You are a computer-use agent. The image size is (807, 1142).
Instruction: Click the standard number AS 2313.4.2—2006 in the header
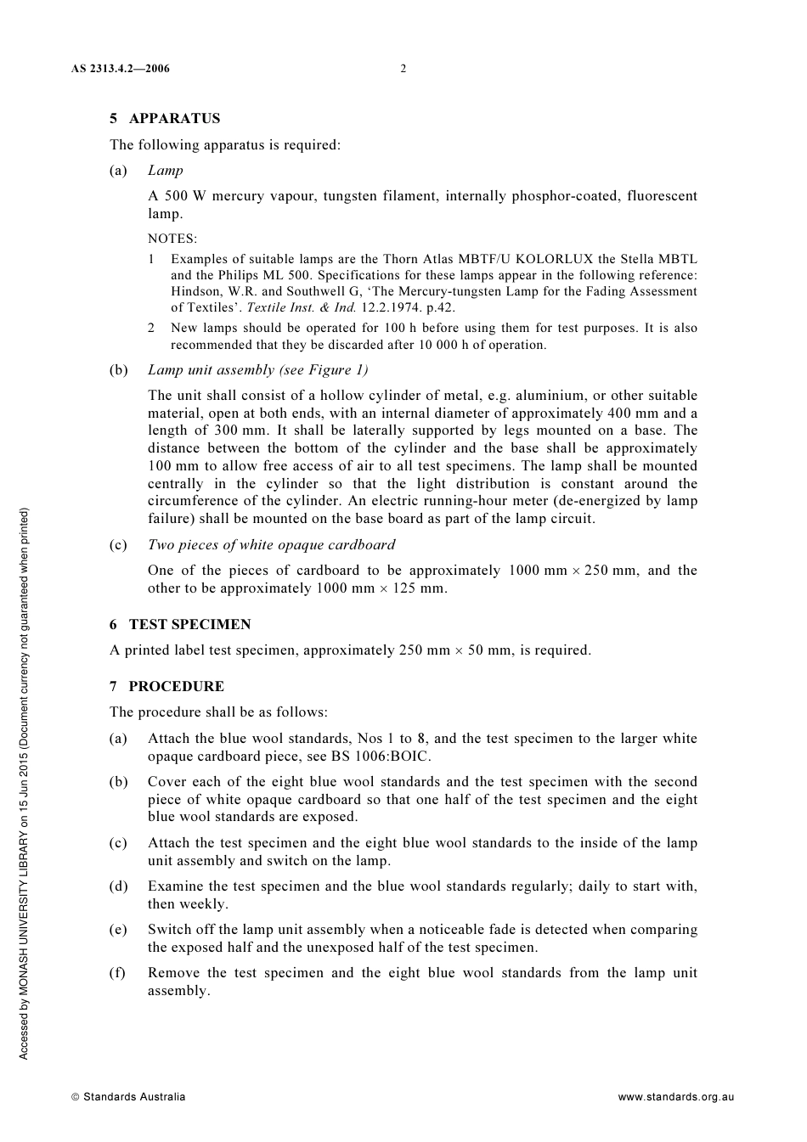pos(120,69)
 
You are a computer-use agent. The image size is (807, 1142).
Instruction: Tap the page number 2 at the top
pos(403,69)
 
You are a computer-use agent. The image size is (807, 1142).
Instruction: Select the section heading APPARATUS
pos(174,119)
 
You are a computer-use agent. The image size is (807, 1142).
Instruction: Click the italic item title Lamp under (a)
pos(166,171)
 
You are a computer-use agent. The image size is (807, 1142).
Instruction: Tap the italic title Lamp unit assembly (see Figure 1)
pos(258,370)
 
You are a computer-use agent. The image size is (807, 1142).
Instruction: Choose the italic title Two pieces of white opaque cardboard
pos(272,545)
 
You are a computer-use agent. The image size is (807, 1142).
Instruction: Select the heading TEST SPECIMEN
pos(189,625)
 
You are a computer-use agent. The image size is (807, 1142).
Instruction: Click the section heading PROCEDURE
pos(176,687)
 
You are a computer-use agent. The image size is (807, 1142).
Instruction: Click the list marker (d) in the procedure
pos(118,886)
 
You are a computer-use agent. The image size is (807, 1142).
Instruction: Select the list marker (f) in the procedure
pos(117,973)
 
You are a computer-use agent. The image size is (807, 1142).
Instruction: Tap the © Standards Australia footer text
pos(128,1097)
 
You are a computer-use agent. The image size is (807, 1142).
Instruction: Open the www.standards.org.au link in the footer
pos(675,1097)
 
